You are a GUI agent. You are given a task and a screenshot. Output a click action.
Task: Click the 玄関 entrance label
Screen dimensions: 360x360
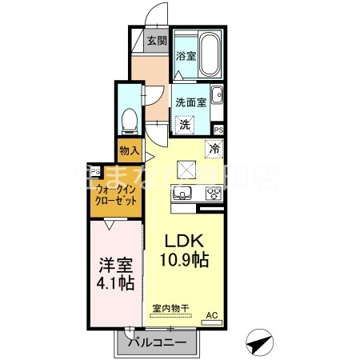(x=156, y=41)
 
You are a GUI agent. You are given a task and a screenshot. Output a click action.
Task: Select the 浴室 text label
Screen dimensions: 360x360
(x=186, y=57)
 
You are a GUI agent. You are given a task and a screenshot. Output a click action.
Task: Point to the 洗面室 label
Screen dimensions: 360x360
(x=192, y=102)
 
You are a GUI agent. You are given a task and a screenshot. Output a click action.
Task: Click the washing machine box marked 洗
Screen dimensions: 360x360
(x=185, y=124)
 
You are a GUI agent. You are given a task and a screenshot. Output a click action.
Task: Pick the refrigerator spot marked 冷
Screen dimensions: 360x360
(x=214, y=147)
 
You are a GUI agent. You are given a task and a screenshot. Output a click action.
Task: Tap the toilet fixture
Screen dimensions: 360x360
(x=128, y=120)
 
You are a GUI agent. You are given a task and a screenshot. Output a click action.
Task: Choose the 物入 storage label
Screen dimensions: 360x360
(x=130, y=150)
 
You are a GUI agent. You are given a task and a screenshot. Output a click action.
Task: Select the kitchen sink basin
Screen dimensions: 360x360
(x=181, y=194)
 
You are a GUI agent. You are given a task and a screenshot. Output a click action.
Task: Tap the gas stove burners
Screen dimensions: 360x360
(x=213, y=194)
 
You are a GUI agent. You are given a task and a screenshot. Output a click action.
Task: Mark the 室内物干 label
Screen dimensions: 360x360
(x=168, y=307)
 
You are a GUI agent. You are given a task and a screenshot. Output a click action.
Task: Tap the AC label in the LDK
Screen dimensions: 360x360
(x=213, y=315)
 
